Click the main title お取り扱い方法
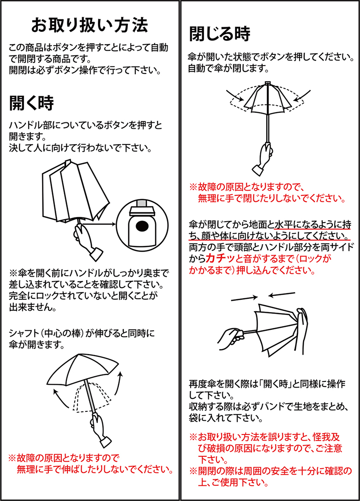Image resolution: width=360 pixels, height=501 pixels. (x=90, y=25)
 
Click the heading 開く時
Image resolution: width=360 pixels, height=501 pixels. (x=31, y=103)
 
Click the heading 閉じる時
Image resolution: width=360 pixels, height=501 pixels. (x=220, y=34)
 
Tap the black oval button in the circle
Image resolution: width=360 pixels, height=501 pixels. (x=142, y=226)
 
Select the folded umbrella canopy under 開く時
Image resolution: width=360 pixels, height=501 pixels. (x=76, y=191)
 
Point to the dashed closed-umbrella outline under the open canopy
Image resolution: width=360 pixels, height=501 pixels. (x=91, y=396)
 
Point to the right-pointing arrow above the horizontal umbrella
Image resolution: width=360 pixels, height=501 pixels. (x=244, y=298)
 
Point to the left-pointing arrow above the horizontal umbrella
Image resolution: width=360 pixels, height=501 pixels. (x=282, y=294)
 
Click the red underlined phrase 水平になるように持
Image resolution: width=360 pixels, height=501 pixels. (x=313, y=224)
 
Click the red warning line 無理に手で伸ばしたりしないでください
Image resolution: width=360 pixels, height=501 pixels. (x=95, y=469)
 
